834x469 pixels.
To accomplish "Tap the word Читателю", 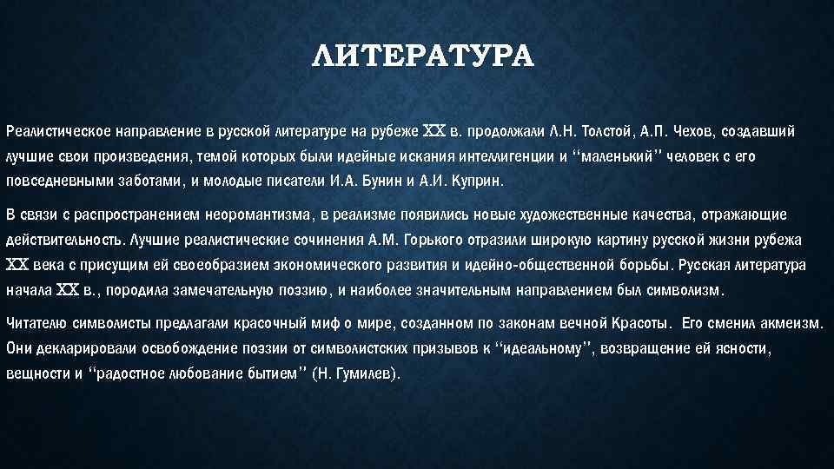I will [39, 323].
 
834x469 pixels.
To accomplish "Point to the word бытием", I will [266, 374].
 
